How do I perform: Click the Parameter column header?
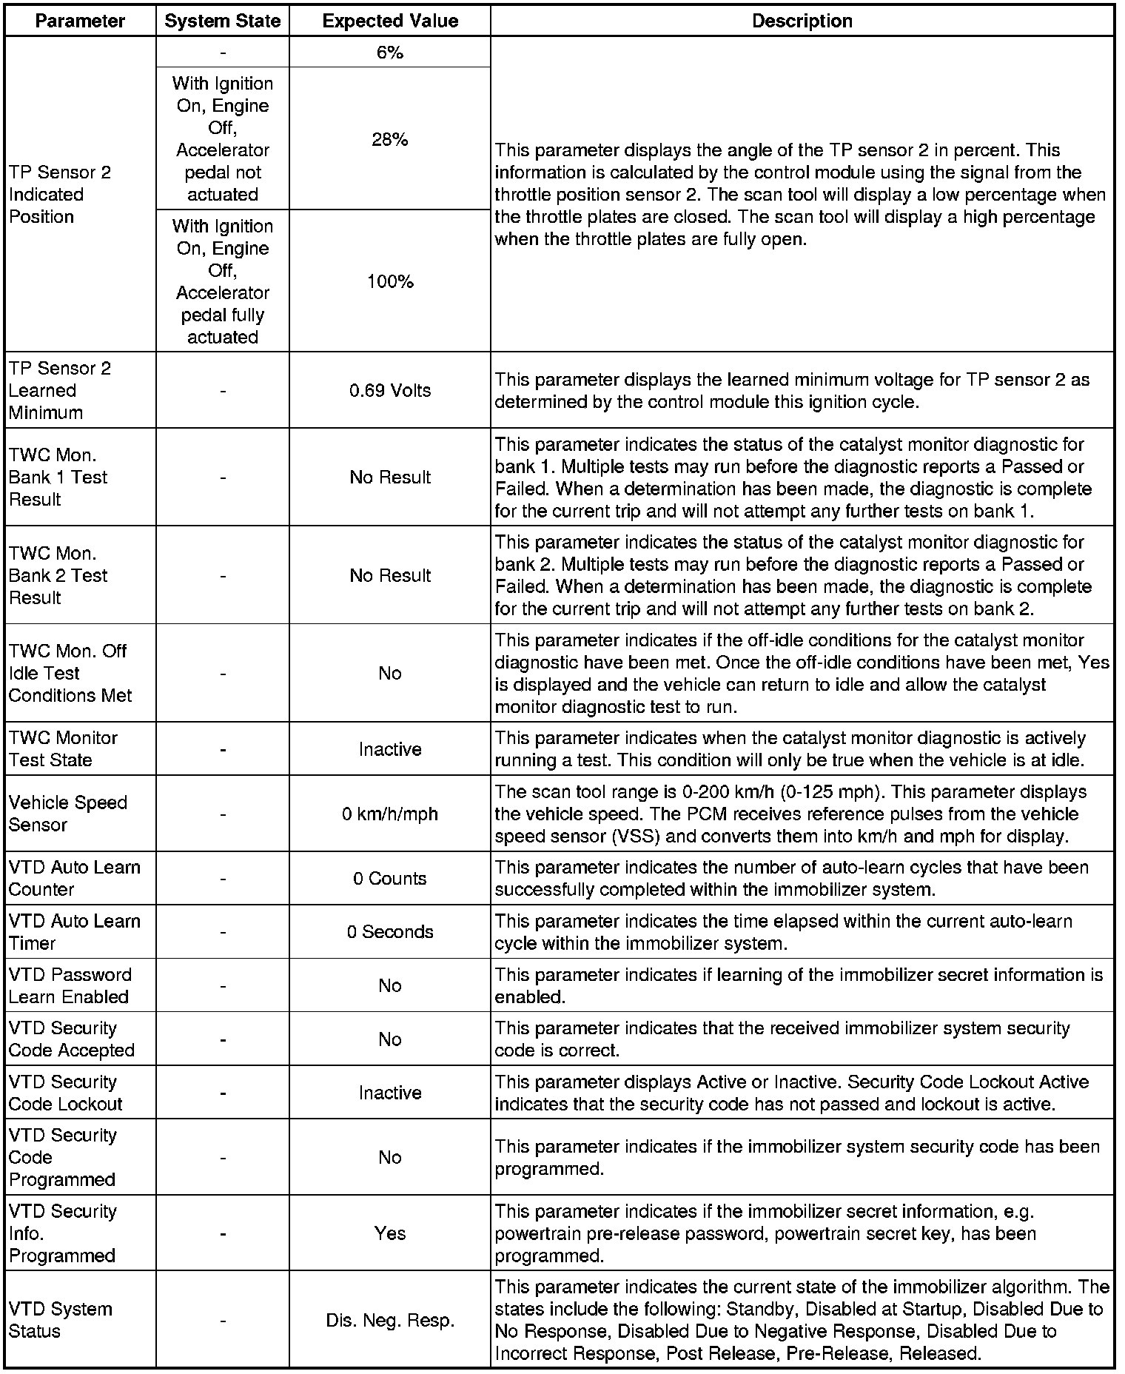coord(80,21)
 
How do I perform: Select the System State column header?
coord(222,21)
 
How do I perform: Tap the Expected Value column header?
coord(390,21)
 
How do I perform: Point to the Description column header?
coord(802,21)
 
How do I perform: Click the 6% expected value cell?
coord(390,53)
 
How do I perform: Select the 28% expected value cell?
coord(390,139)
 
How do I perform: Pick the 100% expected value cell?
coord(390,281)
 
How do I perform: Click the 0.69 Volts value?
coord(390,390)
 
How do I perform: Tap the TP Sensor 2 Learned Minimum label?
coord(60,390)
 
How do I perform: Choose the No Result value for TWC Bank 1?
coord(390,477)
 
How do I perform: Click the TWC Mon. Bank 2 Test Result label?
coord(58,575)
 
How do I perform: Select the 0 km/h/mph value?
coord(390,814)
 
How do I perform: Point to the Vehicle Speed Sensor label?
coord(67,814)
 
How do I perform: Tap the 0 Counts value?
coord(390,879)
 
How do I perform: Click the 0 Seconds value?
coord(390,932)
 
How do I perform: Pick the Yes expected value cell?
coord(390,1233)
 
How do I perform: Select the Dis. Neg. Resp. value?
coord(390,1321)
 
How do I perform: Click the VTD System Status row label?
coord(60,1320)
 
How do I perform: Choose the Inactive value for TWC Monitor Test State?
coord(390,749)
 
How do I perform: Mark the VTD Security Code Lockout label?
coord(65,1093)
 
